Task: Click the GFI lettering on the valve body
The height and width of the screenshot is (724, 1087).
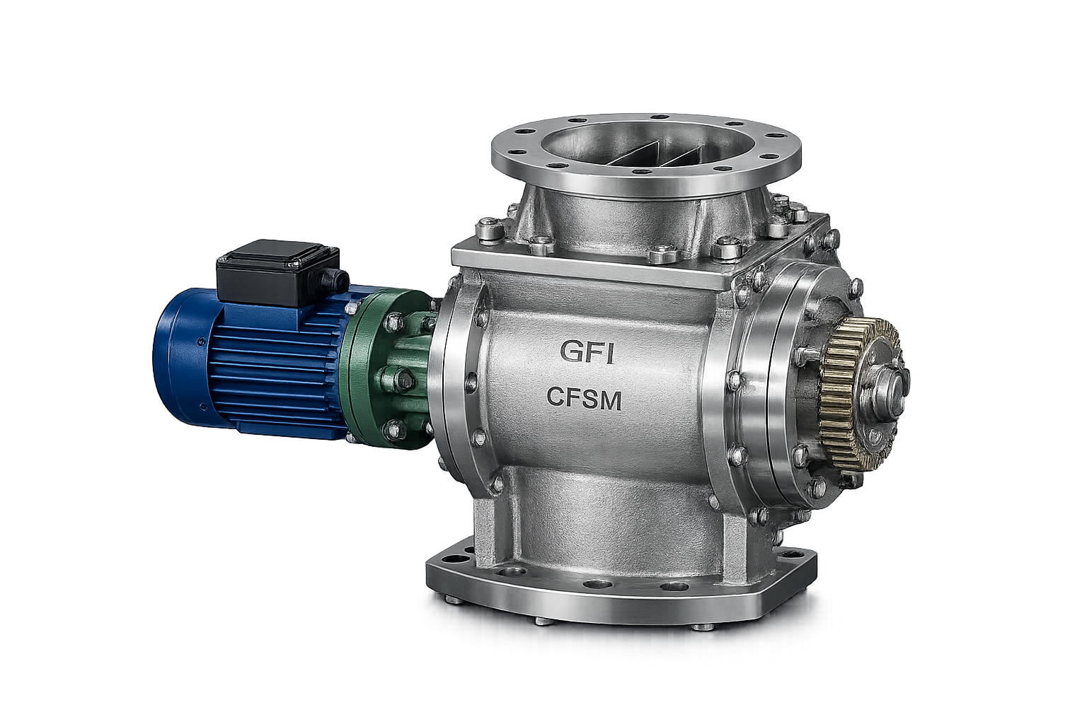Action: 587,351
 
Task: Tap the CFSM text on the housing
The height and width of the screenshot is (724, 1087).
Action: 585,399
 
